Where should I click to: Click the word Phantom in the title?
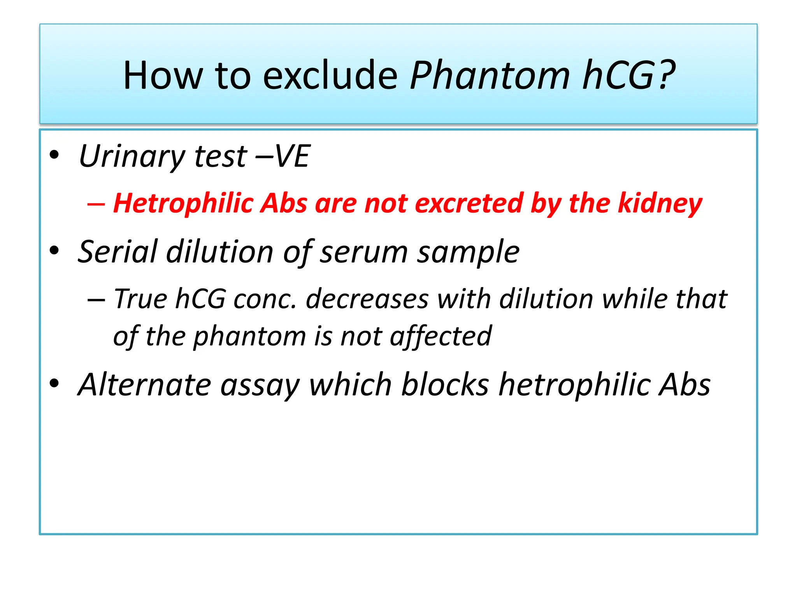click(490, 76)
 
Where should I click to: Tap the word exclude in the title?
click(330, 76)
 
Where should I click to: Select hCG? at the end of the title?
click(629, 76)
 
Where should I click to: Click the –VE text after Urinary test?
click(283, 156)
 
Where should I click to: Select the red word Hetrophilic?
click(183, 204)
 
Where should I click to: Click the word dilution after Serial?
click(220, 252)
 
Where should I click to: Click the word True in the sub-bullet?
click(140, 299)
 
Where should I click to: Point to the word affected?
click(441, 336)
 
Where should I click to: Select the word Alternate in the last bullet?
click(144, 385)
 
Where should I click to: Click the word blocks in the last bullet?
click(445, 385)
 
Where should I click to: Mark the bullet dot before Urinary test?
click(54, 155)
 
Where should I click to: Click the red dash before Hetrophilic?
click(96, 204)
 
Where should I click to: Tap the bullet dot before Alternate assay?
click(54, 383)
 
